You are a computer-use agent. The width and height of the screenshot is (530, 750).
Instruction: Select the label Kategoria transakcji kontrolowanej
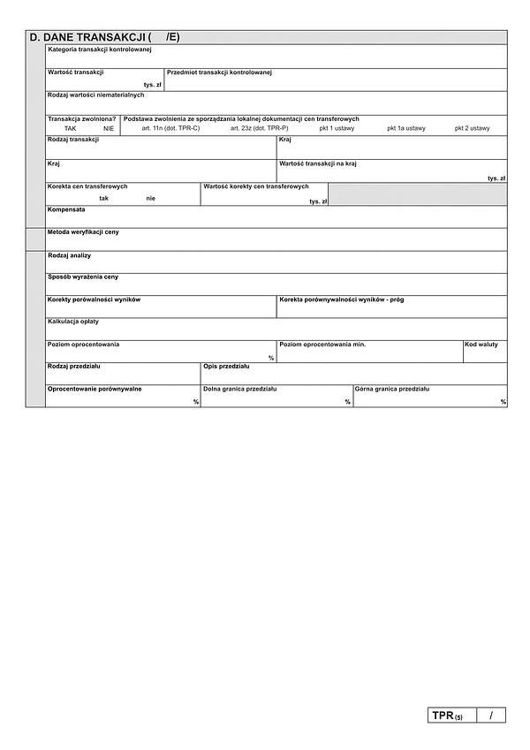pos(100,49)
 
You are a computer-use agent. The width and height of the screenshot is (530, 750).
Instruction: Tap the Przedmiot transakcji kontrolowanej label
pos(218,72)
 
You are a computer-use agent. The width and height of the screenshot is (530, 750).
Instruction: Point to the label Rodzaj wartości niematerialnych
pos(95,95)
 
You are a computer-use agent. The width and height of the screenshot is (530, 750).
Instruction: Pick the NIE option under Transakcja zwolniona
pos(109,129)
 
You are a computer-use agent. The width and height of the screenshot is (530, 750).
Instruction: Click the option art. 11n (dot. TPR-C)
pos(170,129)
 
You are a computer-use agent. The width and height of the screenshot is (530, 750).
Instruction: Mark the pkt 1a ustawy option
pos(405,129)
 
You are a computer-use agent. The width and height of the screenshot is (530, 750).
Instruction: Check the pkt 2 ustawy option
pos(472,129)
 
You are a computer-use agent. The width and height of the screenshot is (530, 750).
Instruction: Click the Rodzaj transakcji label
pos(73,140)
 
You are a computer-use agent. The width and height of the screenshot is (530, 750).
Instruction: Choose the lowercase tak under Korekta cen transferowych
pos(104,198)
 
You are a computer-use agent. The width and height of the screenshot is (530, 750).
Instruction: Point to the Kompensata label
pos(66,209)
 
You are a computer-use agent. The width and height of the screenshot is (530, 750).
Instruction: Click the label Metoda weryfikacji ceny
pos(83,231)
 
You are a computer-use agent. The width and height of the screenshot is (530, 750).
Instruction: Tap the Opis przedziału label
pos(226,366)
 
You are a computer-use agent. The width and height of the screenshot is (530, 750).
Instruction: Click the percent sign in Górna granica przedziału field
pos(503,402)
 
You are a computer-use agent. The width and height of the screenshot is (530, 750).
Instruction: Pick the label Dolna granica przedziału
pos(240,389)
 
